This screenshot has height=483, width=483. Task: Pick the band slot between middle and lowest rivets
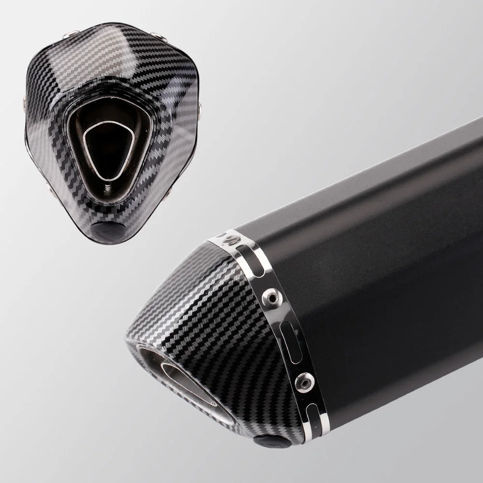(288, 336)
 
